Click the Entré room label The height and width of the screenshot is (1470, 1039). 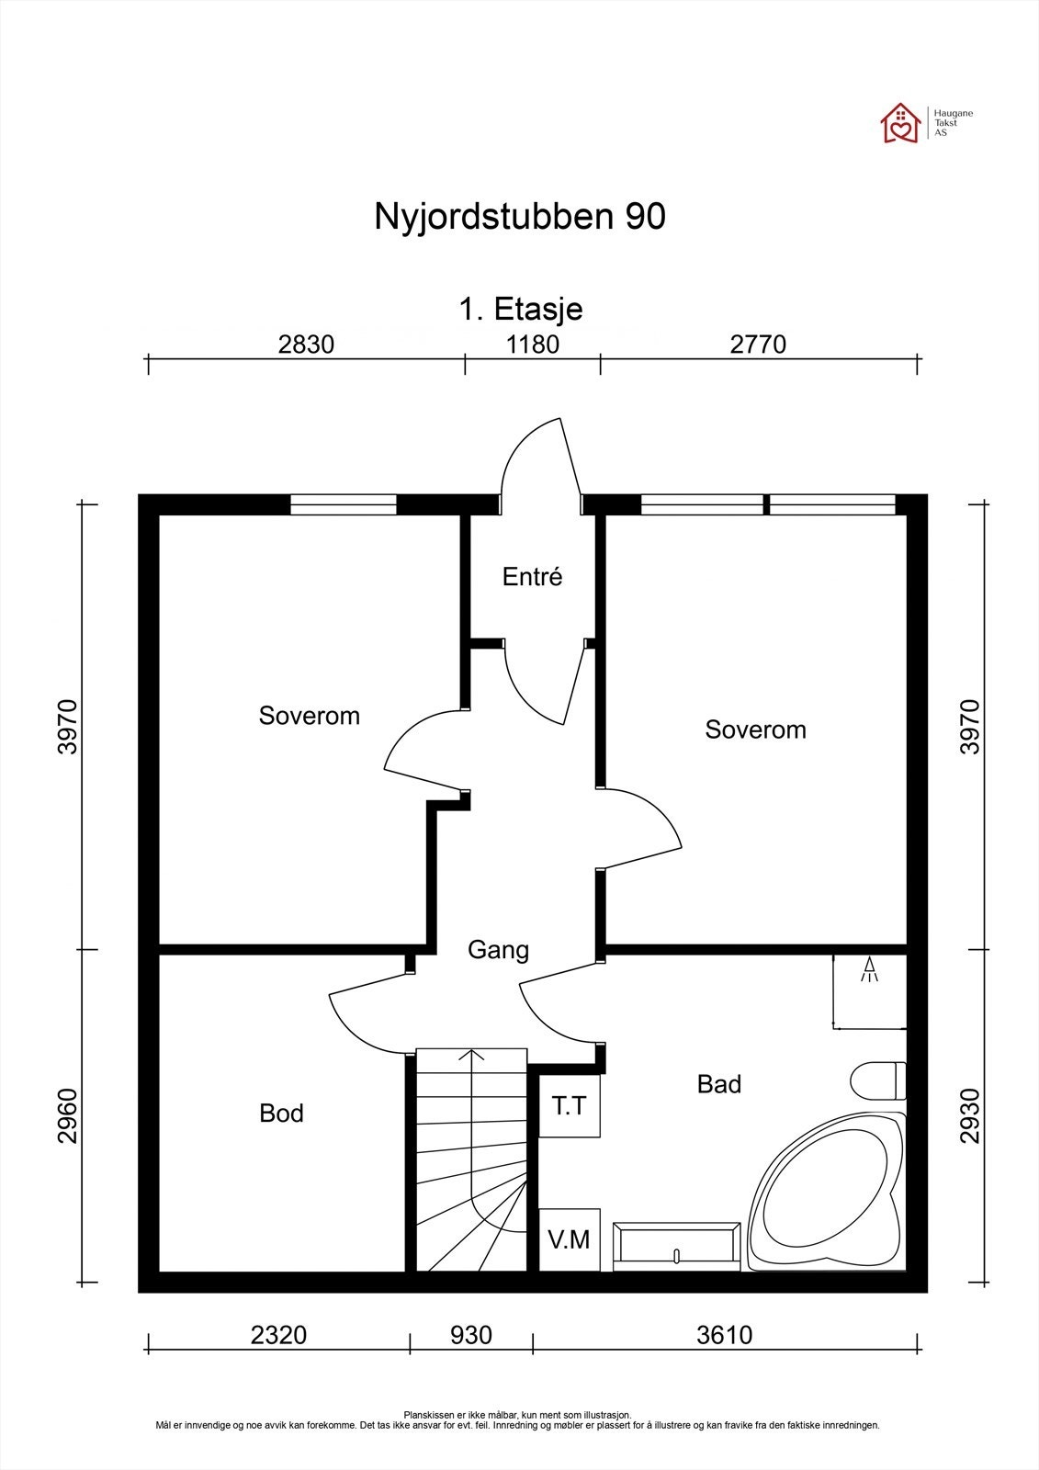(x=532, y=577)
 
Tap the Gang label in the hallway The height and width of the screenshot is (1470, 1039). (x=498, y=949)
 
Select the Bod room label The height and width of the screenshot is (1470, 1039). (x=281, y=1114)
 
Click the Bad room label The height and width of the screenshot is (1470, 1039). (x=718, y=1084)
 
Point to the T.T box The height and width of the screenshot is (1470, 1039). (x=570, y=1107)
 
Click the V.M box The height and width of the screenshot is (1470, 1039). (x=570, y=1239)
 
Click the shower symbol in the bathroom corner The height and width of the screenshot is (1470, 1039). (x=869, y=973)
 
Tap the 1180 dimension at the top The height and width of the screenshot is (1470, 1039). (x=533, y=345)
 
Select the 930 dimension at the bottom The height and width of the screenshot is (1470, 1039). (x=471, y=1334)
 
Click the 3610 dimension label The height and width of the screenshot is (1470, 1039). (x=725, y=1334)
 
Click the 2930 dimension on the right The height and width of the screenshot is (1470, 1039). (x=970, y=1116)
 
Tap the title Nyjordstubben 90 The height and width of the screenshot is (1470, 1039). (x=519, y=218)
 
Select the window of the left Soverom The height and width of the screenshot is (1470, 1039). (x=344, y=504)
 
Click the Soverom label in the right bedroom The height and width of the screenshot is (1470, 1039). (x=755, y=729)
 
